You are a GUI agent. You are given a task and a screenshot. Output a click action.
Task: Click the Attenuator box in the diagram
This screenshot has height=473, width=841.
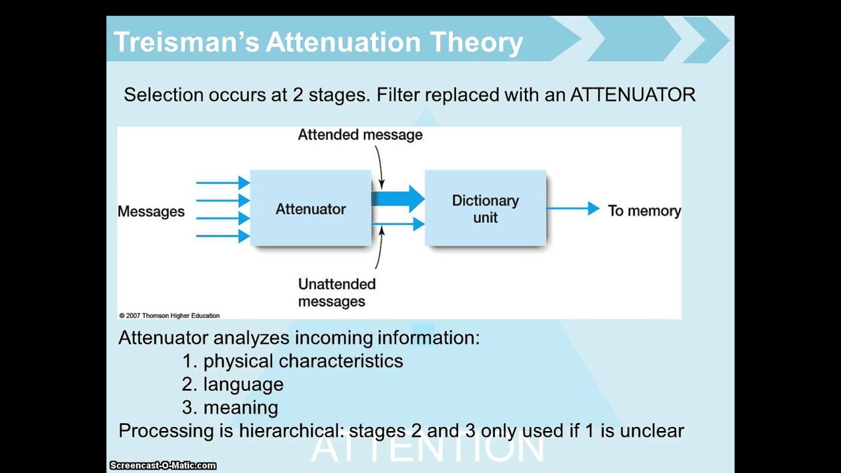311,208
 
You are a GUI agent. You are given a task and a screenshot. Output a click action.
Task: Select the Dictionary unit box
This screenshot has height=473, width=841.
486,208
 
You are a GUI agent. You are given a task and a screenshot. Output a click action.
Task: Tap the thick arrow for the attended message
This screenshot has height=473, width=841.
398,198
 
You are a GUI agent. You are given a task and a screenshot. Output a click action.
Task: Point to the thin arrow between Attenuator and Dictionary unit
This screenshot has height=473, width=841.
398,224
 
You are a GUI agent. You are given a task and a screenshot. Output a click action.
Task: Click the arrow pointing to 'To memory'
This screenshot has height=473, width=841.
573,208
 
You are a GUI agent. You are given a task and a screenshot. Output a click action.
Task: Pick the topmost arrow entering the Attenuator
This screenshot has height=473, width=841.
223,183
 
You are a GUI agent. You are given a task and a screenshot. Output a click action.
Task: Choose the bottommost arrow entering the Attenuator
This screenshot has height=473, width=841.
223,236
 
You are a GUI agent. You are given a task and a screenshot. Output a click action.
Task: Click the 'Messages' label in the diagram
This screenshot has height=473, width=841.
151,212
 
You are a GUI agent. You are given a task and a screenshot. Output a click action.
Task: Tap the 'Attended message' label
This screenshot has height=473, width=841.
360,135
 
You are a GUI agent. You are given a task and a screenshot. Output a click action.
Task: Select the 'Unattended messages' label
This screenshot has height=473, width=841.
337,293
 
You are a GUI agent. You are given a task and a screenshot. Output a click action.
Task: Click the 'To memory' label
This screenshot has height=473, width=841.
645,211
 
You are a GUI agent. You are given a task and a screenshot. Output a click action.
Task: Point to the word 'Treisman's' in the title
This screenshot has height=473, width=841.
187,41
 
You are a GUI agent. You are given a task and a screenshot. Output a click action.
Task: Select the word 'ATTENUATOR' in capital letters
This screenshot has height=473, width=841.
633,95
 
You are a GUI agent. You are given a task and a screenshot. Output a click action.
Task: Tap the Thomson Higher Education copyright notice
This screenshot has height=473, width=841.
170,316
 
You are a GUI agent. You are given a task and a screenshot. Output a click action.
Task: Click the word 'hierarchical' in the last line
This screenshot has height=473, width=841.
291,430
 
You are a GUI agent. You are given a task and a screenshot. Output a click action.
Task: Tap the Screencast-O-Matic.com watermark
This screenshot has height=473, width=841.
163,466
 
